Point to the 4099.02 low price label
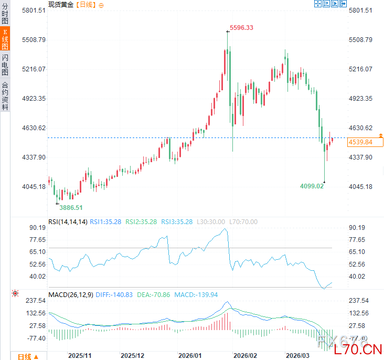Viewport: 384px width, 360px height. point(312,186)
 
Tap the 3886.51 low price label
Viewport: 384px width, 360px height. point(71,207)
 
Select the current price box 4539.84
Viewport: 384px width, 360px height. point(360,142)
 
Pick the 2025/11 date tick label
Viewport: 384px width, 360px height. point(80,355)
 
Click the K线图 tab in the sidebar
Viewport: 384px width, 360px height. point(5,40)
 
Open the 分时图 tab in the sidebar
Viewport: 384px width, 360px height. point(5,14)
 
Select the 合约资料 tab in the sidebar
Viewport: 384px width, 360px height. point(5,96)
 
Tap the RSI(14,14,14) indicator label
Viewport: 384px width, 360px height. point(68,221)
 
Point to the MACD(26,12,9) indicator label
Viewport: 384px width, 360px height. point(71,295)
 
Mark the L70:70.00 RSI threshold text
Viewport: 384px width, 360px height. point(243,221)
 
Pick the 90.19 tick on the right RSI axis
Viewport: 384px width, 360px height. point(360,228)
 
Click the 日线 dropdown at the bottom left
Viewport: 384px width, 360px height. point(28,356)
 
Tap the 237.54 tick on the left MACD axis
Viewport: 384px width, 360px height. point(22,301)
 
